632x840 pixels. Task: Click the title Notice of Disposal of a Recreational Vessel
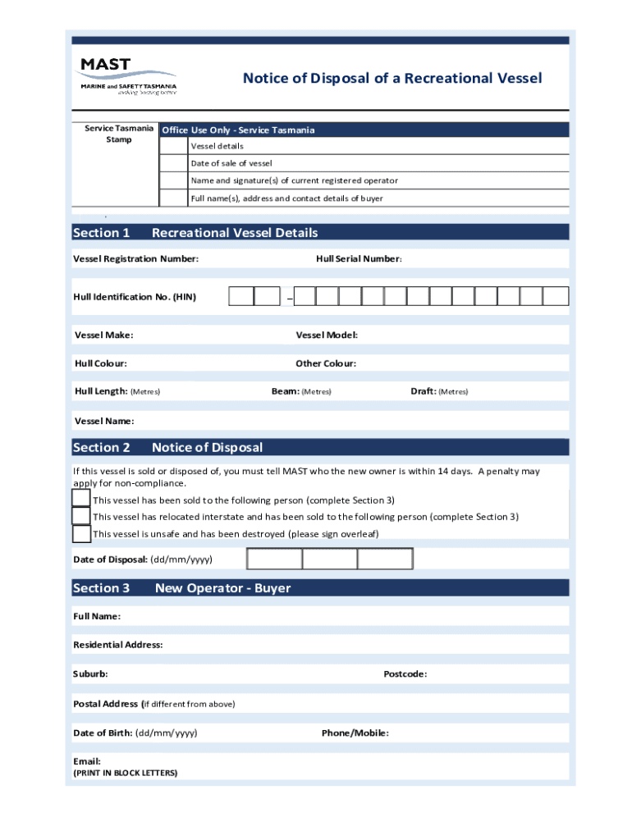point(392,78)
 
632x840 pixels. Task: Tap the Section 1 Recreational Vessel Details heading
point(195,233)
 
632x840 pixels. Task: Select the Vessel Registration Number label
point(135,259)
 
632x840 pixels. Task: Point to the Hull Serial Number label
point(359,259)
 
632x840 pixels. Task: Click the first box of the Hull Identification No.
point(240,297)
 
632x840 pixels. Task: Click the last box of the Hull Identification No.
point(556,297)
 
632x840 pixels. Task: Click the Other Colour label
point(326,363)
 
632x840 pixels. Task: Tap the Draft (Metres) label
point(438,391)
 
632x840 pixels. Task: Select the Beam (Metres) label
point(301,391)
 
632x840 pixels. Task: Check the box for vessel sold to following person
point(81,499)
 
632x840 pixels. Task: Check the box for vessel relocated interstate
point(81,516)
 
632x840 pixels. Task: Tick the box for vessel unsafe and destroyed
point(81,534)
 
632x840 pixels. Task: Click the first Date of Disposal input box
point(274,559)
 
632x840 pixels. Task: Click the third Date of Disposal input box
point(385,559)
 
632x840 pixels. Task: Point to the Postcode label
point(405,674)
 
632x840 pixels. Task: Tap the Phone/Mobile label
point(355,733)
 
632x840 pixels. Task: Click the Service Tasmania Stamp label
point(118,134)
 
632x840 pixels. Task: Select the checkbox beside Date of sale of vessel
point(173,163)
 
